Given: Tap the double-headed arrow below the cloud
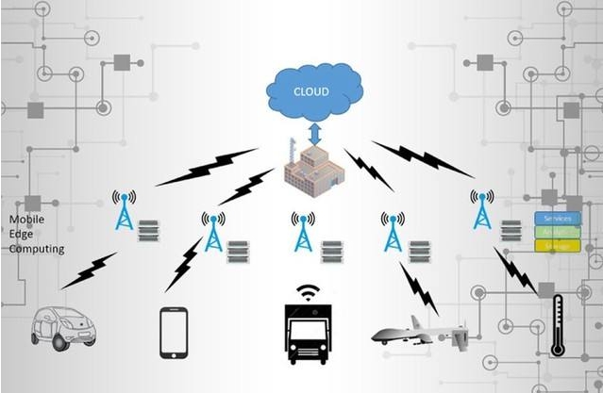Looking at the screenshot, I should tap(315, 131).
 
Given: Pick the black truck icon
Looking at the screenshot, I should tap(306, 333).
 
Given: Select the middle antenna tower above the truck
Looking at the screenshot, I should tap(304, 232).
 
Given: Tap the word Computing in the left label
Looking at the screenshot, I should tap(37, 249).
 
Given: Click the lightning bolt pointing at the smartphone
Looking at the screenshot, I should tap(184, 265).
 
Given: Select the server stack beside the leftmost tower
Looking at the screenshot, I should tap(148, 231).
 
